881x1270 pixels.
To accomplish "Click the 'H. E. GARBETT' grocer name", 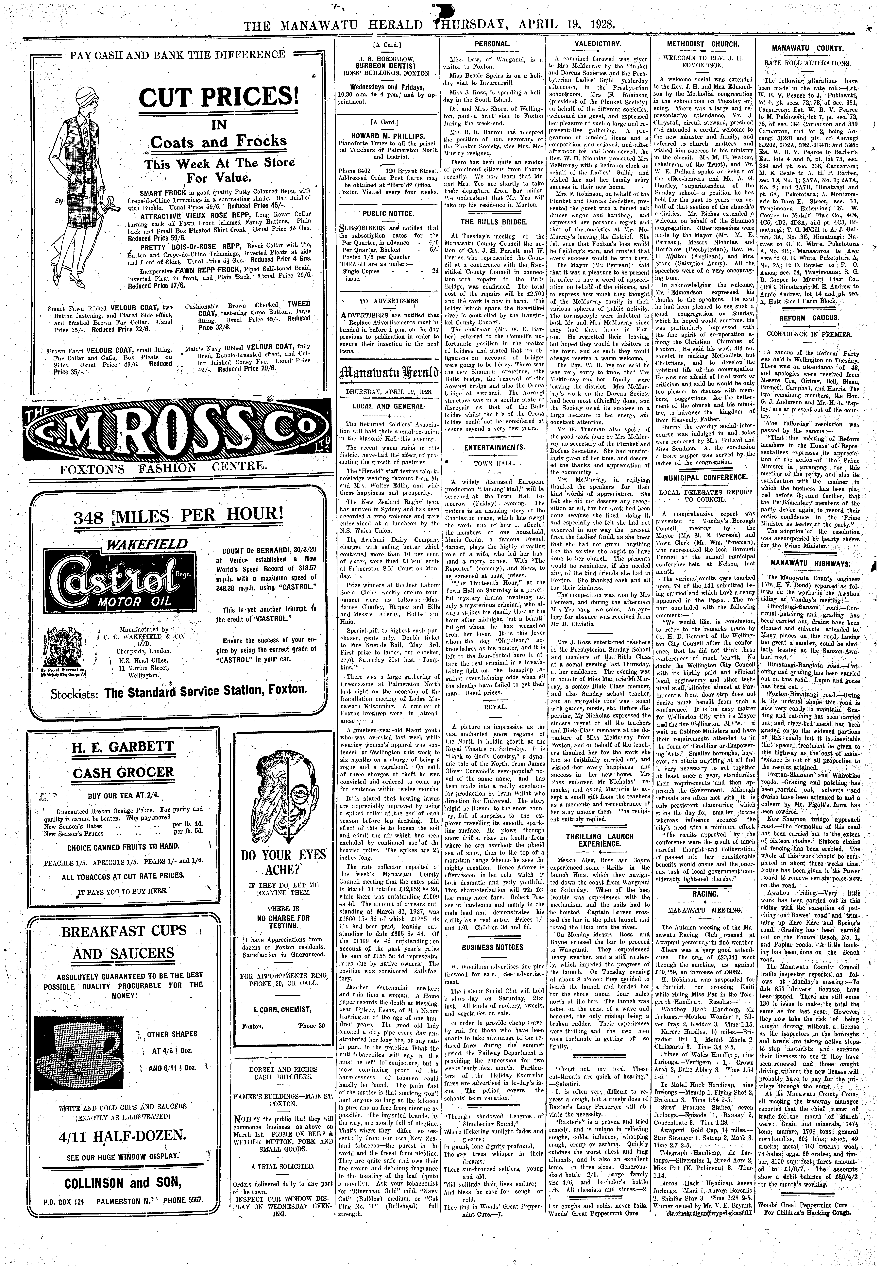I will click(123, 747).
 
